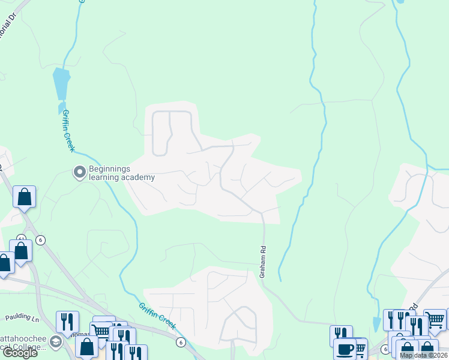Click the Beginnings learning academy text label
pos(122,173)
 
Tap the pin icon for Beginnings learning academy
pos(79,173)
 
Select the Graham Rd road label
pos(262,262)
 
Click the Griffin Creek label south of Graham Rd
pos(157,316)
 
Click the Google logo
pos(20,353)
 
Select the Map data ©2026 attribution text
pos(423,355)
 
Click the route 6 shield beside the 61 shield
pos(40,240)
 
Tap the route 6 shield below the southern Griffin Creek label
pos(180,342)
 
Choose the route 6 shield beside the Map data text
pos(385,349)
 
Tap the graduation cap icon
pos(55,343)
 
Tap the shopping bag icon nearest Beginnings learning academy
pos(24,197)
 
